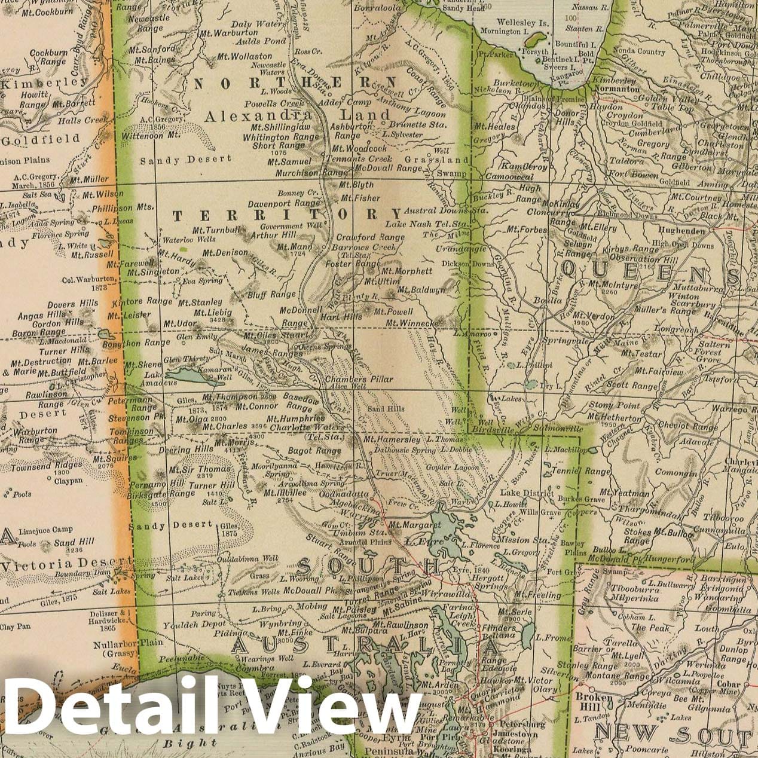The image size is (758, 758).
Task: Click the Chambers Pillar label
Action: click(359, 380)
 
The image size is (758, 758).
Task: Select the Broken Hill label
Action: click(593, 702)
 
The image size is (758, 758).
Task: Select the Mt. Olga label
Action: click(189, 418)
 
